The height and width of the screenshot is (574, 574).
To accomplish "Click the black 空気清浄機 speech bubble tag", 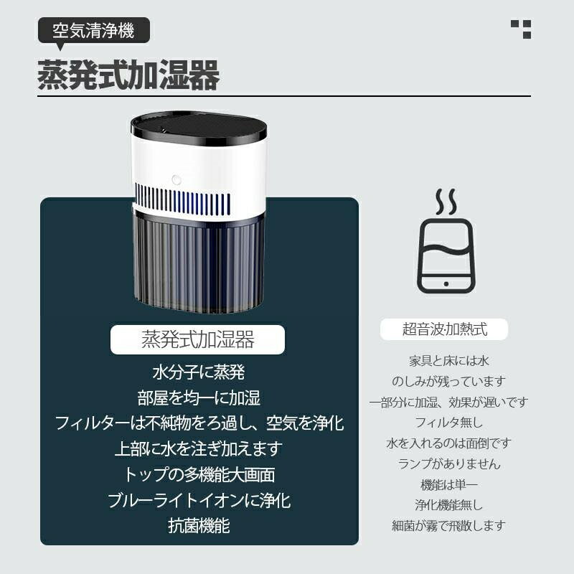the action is [94, 31].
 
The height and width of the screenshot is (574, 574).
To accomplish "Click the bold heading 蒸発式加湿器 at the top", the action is [128, 75].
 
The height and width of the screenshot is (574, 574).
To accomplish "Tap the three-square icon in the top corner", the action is [521, 29].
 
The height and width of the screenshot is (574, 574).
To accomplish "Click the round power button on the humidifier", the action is [177, 180].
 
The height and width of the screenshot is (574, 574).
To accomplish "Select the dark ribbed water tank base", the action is [198, 262].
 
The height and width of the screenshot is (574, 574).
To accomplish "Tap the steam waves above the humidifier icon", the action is [446, 202].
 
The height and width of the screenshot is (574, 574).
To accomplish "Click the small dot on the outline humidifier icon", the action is [446, 283].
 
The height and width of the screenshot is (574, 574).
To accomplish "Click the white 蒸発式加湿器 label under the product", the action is [198, 339].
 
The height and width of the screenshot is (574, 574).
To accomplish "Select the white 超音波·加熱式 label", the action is [444, 329].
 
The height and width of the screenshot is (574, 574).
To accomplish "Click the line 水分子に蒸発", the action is [199, 372].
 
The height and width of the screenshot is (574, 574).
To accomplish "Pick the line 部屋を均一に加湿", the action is [199, 397].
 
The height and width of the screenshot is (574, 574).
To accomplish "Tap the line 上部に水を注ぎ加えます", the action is [199, 449].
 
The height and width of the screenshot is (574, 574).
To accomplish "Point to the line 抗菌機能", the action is [199, 526].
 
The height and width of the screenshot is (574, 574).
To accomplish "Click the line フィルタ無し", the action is [449, 423].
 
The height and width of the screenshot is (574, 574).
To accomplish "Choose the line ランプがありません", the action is [449, 464].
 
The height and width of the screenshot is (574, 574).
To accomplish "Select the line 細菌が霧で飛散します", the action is [449, 526].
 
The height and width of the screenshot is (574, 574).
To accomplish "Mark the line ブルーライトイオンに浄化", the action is [199, 500].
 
